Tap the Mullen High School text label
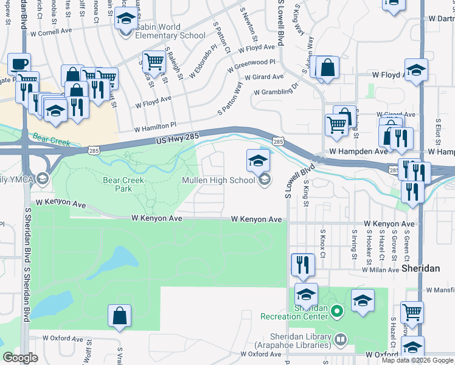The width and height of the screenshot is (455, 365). [x=219, y=180]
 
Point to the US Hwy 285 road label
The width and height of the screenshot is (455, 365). [x=176, y=141]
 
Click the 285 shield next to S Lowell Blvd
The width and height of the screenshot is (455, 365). [x=277, y=141]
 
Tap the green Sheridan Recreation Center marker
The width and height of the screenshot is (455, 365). [x=339, y=312]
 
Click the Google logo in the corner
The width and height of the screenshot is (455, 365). [x=21, y=358]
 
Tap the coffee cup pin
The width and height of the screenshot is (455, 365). [x=19, y=63]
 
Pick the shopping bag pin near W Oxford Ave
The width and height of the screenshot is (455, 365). [x=119, y=316]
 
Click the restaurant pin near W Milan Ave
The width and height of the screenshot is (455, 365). [x=302, y=264]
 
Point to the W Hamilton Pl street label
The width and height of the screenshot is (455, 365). [x=155, y=128]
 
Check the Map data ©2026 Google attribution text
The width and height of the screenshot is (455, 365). [x=417, y=360]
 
